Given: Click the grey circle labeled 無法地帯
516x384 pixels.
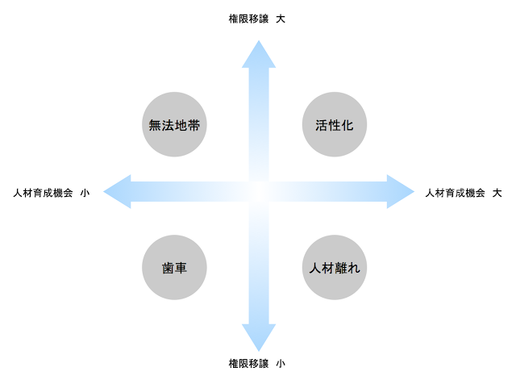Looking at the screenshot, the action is pos(175,125).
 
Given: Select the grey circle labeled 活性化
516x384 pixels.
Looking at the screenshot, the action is pos(335,125).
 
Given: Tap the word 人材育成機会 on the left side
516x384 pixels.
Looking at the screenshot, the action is pos(43,193).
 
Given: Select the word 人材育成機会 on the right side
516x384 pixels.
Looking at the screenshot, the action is pos(455,193).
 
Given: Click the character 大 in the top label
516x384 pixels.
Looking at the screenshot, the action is pos(281,18).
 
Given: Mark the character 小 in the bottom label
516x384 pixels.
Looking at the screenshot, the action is pos(281,364).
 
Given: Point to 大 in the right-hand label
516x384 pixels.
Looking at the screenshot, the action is pos(497,193).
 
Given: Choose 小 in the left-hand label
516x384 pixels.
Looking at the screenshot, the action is pos(85,193).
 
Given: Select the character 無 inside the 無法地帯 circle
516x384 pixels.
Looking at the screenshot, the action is pos(156,125).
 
